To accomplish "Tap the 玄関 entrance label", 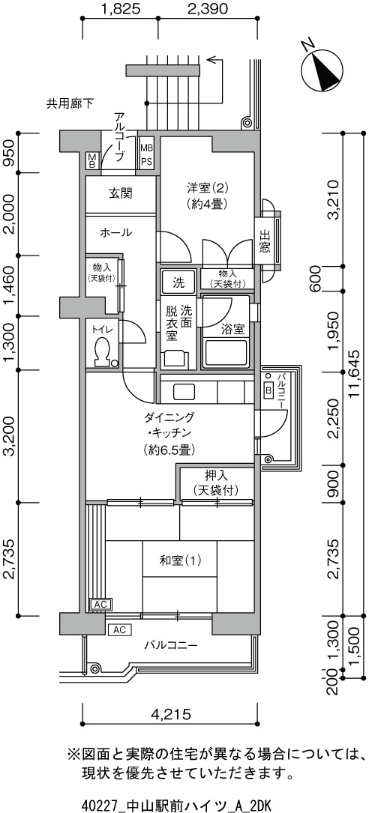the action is pyautogui.click(x=120, y=194).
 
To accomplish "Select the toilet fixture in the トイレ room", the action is pyautogui.click(x=103, y=351).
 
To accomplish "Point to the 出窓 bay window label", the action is pyautogui.click(x=264, y=241).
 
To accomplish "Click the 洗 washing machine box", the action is pyautogui.click(x=178, y=283).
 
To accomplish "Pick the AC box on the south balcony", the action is pyautogui.click(x=120, y=630).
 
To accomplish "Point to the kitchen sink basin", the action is pyautogui.click(x=181, y=390).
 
